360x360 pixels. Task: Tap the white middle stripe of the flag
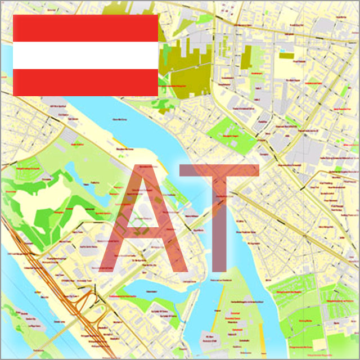84,55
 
